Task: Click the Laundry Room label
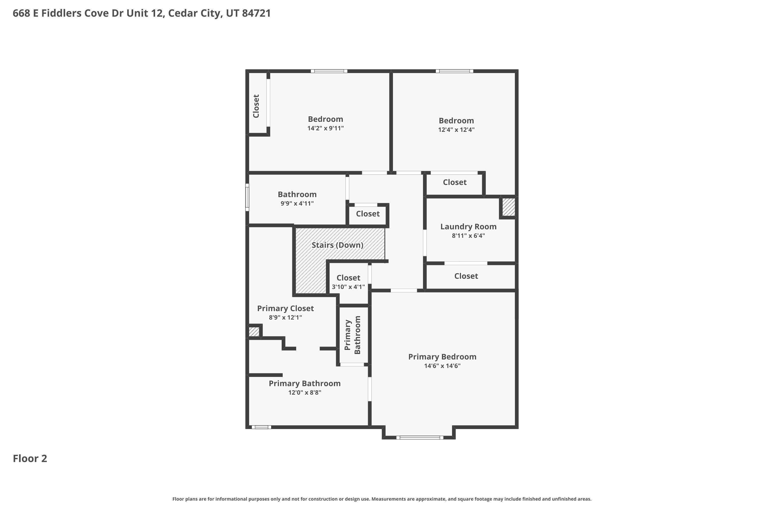click(468, 227)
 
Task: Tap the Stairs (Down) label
click(337, 245)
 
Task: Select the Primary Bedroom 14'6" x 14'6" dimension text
click(442, 366)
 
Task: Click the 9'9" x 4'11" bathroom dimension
click(297, 204)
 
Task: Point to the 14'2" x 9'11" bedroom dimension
click(325, 128)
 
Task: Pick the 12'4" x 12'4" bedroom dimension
click(456, 130)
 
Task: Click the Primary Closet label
click(285, 308)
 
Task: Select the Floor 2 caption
click(30, 458)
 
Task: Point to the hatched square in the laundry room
click(508, 207)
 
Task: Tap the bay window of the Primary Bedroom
click(420, 437)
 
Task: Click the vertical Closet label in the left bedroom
click(256, 106)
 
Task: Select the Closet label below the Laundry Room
click(466, 276)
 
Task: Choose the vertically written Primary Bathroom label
click(352, 335)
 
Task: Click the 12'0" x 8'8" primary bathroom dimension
click(305, 392)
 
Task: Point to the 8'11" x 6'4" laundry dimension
click(468, 236)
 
